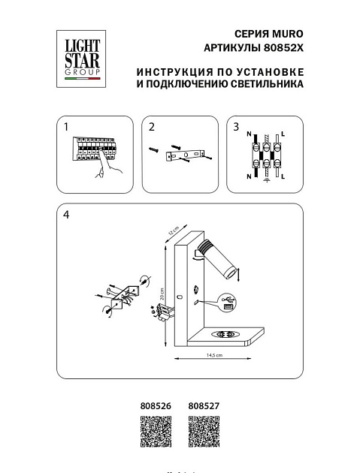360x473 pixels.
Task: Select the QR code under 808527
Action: [x=202, y=435]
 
